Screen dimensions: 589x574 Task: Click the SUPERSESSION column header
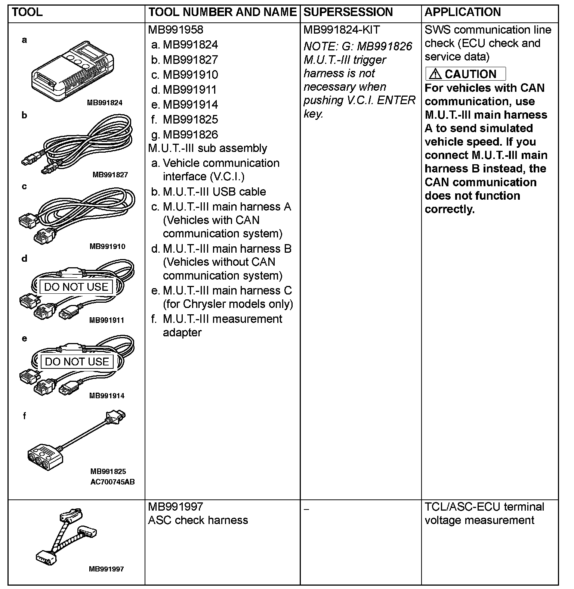point(348,12)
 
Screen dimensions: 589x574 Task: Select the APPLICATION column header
point(462,12)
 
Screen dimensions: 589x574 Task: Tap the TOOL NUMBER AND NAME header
point(222,12)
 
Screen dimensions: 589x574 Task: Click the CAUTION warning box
point(466,74)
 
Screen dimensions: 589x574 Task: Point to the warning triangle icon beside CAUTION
point(435,74)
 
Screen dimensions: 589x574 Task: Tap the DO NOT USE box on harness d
point(76,287)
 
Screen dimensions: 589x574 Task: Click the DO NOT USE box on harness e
point(77,362)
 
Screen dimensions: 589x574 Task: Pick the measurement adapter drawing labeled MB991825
point(75,440)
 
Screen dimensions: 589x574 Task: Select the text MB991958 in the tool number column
point(176,30)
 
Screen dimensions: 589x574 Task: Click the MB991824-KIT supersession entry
point(342,30)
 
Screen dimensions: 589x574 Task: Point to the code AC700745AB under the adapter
point(112,482)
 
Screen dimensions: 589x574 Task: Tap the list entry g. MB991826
point(185,134)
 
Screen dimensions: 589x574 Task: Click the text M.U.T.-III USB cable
point(214,191)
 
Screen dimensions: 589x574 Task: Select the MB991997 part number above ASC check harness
point(176,507)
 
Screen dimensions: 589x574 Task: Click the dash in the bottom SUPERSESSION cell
point(306,509)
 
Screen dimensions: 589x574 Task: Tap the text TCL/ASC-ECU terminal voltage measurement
point(484,513)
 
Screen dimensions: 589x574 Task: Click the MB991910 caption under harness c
point(107,246)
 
